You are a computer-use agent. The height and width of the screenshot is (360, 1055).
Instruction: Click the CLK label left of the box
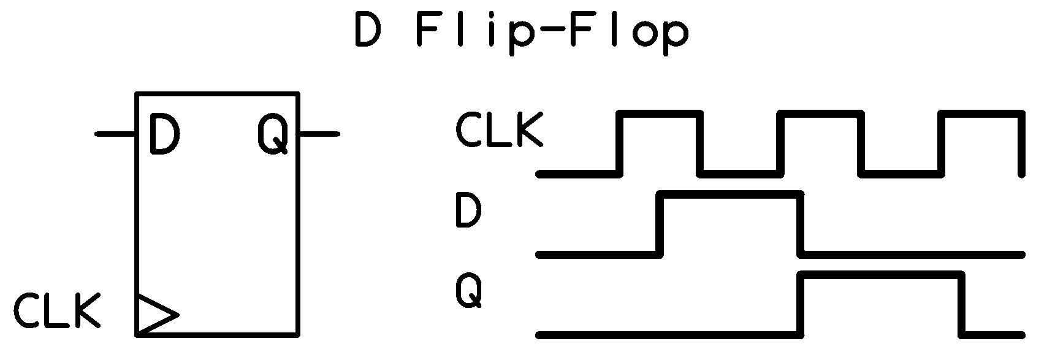click(57, 310)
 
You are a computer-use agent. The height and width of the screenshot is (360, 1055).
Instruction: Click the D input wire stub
click(115, 134)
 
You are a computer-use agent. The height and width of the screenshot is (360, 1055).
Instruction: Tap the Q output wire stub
click(319, 134)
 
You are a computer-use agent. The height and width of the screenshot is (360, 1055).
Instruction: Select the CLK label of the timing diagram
click(498, 129)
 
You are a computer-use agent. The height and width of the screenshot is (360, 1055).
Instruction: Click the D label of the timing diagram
click(468, 210)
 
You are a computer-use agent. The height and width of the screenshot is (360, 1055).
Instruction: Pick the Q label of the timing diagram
click(469, 291)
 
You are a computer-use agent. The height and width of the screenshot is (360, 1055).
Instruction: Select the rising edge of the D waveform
click(660, 224)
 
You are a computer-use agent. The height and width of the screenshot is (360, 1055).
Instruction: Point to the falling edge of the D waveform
click(801, 224)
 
